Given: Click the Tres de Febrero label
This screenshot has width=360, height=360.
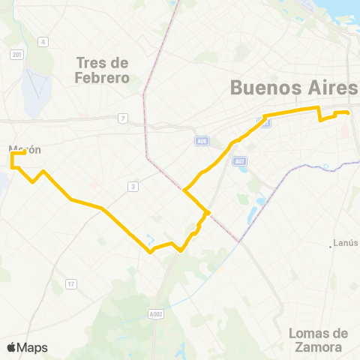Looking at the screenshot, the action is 103,70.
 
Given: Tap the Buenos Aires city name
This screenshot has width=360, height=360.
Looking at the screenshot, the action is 294,88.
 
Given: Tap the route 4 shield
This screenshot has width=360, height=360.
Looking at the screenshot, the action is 44,41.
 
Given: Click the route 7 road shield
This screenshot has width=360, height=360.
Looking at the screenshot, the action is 121,118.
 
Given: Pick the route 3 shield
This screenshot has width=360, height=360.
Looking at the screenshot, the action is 133,186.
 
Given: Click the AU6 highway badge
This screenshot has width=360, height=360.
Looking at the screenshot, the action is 201,140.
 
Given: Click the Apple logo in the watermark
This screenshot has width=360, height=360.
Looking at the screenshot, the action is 10,347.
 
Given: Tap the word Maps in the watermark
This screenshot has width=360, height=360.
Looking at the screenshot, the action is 32,347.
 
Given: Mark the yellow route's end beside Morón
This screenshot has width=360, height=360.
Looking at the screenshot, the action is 25,152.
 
